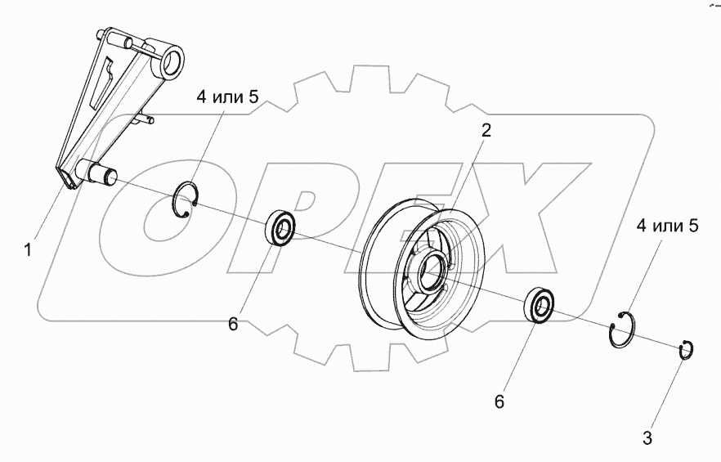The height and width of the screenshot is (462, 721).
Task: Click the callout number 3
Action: pyautogui.click(x=647, y=438)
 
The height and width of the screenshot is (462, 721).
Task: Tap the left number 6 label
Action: pyautogui.click(x=234, y=325)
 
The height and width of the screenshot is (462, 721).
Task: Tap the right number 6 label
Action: pyautogui.click(x=499, y=401)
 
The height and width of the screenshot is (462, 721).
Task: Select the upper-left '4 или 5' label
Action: pyautogui.click(x=227, y=97)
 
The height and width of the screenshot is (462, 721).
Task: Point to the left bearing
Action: pyautogui.click(x=280, y=227)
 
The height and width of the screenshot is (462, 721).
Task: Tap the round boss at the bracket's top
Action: pyautogui.click(x=176, y=61)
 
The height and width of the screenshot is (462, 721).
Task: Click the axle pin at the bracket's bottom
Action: pyautogui.click(x=102, y=173)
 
